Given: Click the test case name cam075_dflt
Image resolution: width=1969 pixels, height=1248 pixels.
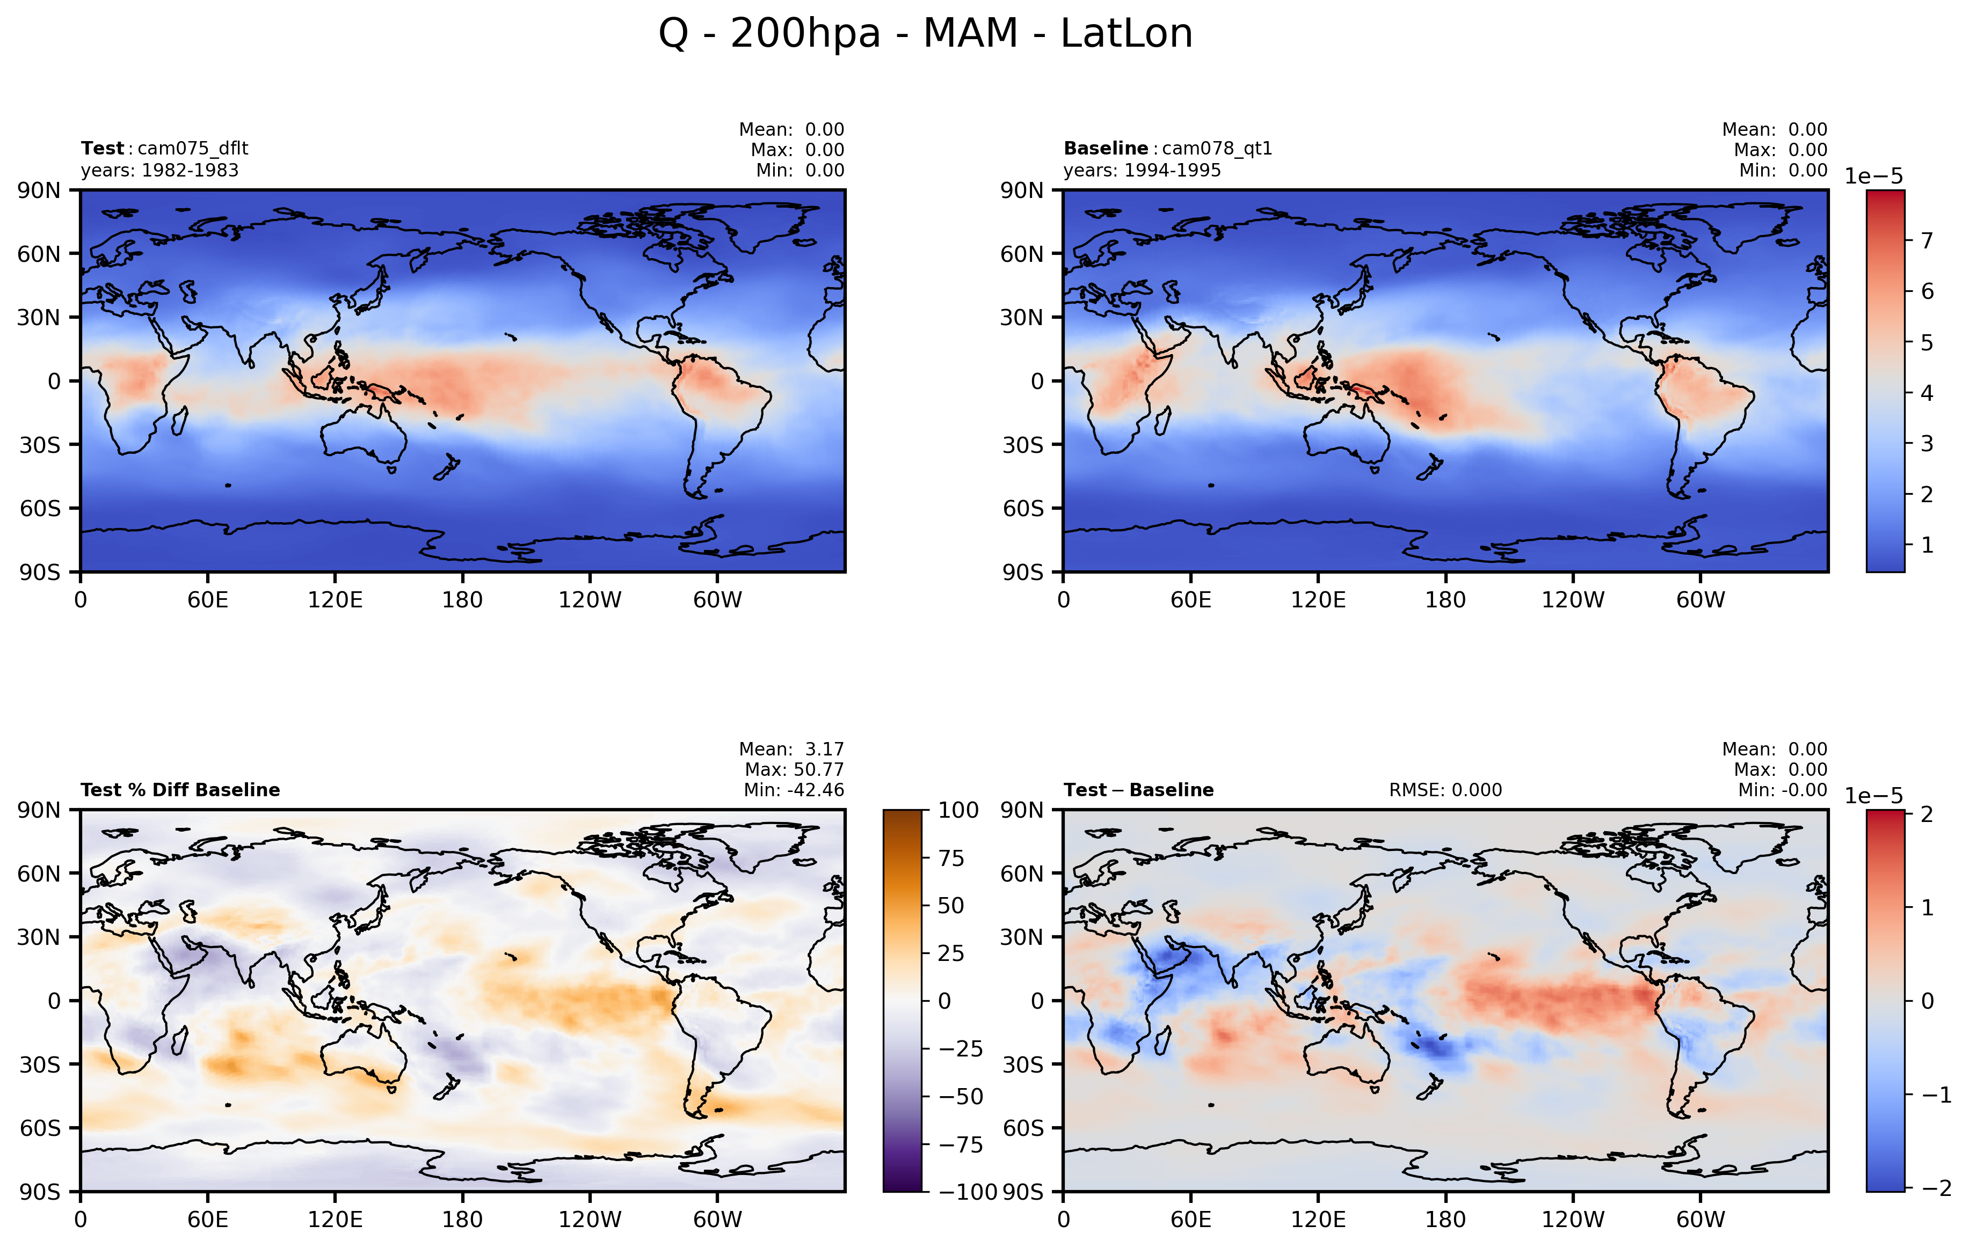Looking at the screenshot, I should click(192, 149).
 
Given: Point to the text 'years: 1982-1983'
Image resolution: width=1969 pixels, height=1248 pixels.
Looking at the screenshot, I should click(159, 171).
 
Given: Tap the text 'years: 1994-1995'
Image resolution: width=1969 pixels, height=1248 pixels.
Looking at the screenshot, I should click(1142, 171).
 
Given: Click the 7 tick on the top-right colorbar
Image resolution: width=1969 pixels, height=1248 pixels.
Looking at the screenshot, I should click(1927, 240).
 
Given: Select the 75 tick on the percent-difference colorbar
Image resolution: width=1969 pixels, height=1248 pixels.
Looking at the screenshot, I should click(951, 858).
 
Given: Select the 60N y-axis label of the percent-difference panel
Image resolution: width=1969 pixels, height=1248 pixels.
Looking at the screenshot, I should click(39, 873).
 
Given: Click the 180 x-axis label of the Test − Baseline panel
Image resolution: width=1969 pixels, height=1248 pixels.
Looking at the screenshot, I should click(1445, 1220).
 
